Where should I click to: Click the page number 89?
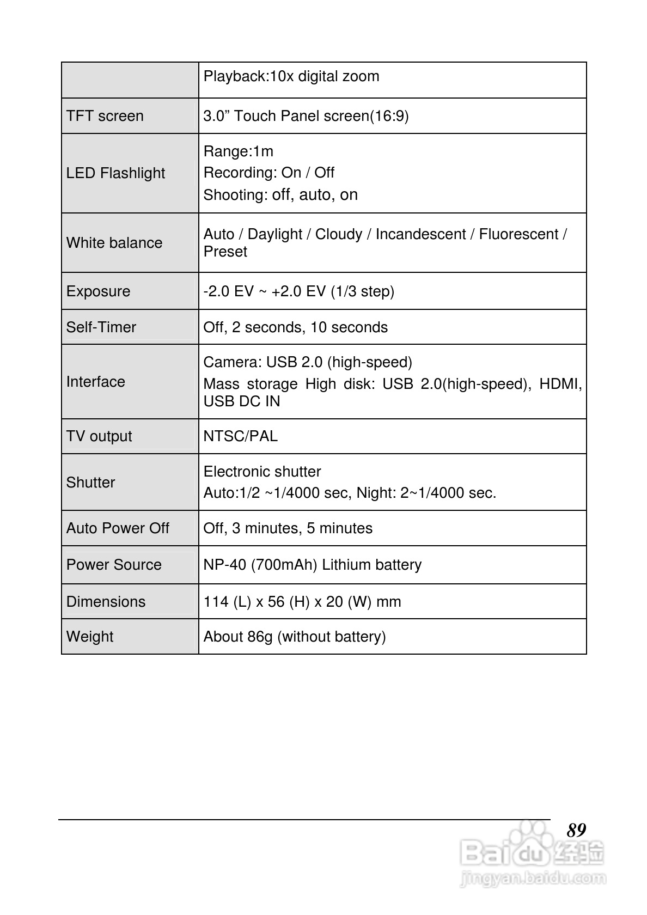pos(576,830)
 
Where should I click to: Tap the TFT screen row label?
pos(105,116)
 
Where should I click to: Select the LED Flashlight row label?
pos(115,173)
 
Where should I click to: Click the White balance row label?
pos(114,243)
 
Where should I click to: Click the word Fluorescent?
pos(518,234)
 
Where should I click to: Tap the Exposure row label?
pos(98,291)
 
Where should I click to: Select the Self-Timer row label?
pos(101,327)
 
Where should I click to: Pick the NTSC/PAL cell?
pos(240,436)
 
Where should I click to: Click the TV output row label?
pos(99,436)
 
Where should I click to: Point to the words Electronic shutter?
pos(262,472)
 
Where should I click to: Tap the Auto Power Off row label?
pos(118,528)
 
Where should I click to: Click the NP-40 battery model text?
pos(225,565)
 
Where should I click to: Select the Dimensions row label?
pos(106,602)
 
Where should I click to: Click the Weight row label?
pos(90,637)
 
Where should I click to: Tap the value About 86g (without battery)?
pos(295,637)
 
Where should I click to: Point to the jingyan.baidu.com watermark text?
pos(533,878)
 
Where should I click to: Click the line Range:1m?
pos(238,151)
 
